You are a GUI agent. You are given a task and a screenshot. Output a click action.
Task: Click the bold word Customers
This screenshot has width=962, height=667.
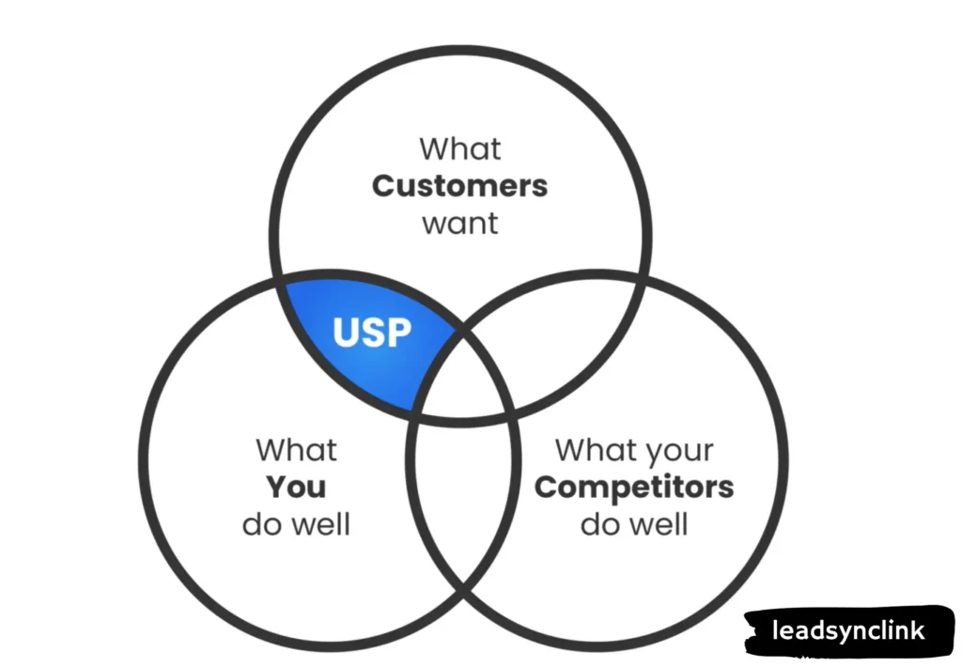point(459,186)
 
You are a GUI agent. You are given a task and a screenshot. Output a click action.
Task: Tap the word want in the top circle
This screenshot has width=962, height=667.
point(459,225)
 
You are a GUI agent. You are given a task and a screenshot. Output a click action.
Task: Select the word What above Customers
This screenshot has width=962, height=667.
point(459,148)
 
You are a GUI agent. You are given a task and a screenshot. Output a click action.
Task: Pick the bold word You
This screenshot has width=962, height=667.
point(295,487)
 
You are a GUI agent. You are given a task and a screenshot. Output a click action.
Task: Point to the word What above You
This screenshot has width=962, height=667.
point(295,449)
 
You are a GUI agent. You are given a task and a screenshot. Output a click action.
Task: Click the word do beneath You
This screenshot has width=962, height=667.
point(263,523)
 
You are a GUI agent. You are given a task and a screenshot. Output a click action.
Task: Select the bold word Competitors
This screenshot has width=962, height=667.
point(634,487)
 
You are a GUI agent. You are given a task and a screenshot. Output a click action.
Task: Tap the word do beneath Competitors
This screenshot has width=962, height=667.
point(600,523)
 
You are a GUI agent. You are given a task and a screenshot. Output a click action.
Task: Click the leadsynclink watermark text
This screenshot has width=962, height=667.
point(847,630)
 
